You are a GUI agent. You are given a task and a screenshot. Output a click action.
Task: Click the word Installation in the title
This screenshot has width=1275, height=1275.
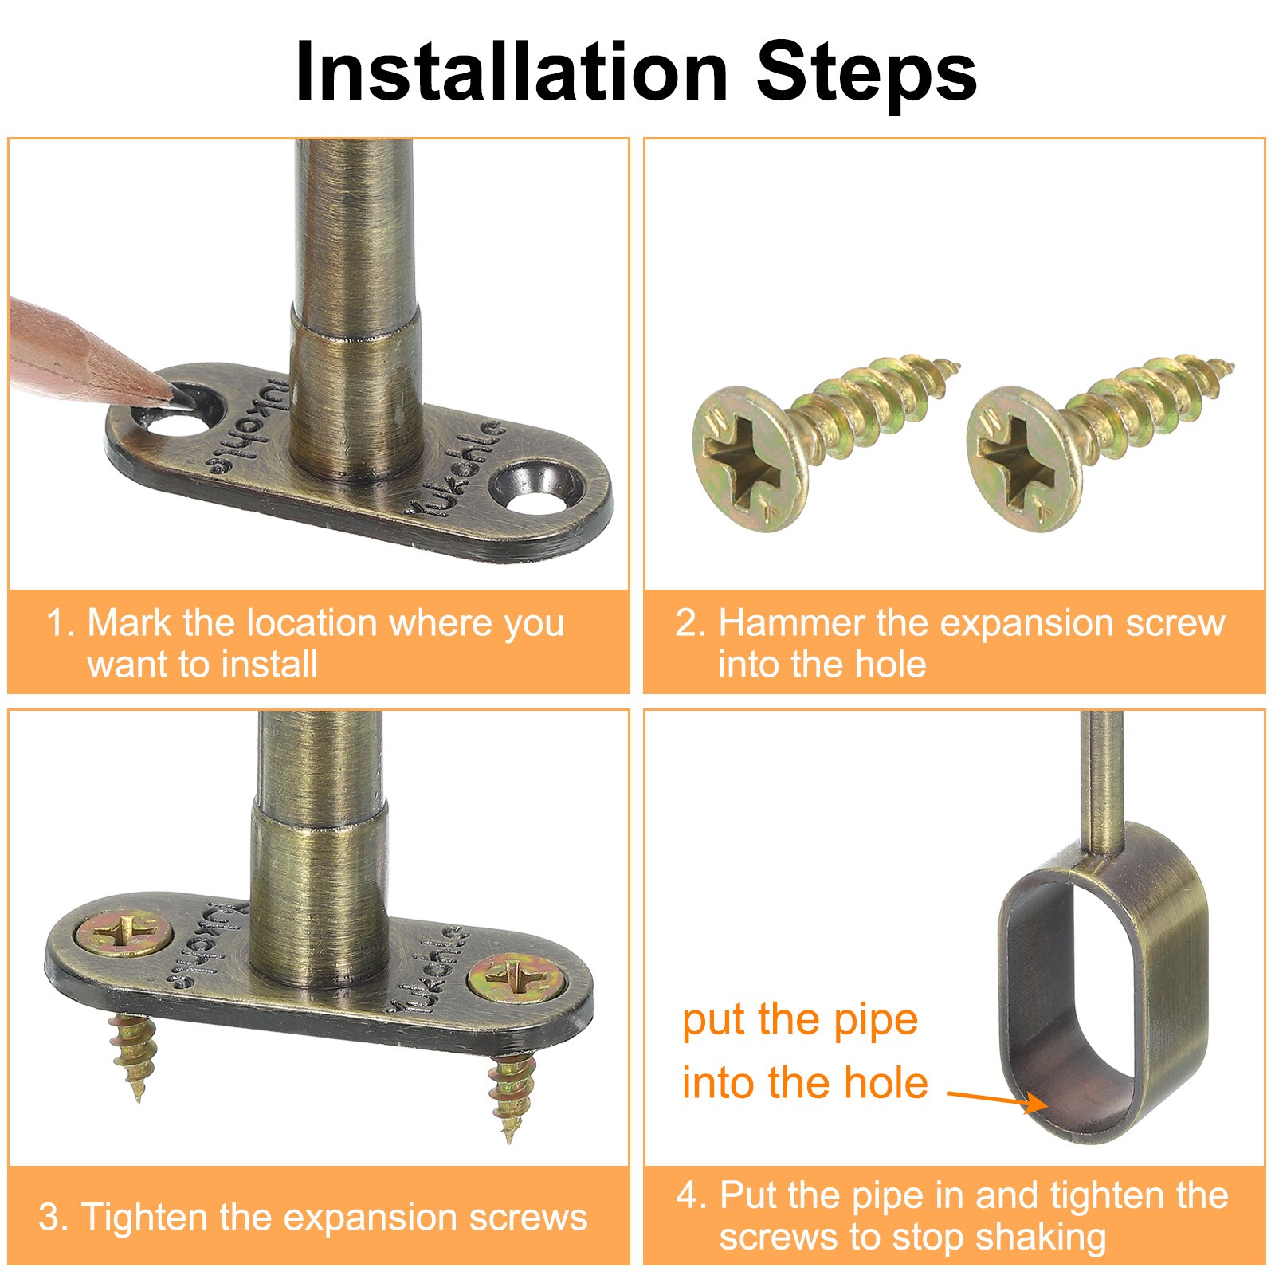pos(512,72)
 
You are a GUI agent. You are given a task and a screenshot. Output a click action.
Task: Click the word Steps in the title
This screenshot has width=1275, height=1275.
pos(867,72)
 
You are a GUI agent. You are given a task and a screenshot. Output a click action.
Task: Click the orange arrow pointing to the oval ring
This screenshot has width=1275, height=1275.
pos(998,1098)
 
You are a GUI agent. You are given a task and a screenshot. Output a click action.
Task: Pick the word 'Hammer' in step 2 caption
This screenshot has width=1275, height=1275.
pos(792,622)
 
